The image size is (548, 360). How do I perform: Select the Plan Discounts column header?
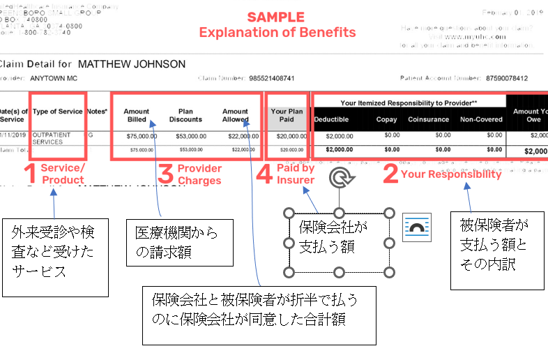[185, 115]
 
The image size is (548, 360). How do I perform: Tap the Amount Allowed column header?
[235, 115]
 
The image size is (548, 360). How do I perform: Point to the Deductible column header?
[331, 120]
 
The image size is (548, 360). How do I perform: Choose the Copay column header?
[387, 120]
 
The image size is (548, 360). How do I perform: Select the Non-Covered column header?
[481, 120]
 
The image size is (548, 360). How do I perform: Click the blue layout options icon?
[417, 228]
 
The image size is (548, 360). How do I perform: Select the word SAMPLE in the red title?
[276, 17]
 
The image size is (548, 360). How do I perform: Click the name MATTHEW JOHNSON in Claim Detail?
[132, 64]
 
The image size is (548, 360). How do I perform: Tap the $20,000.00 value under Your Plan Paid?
[286, 136]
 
